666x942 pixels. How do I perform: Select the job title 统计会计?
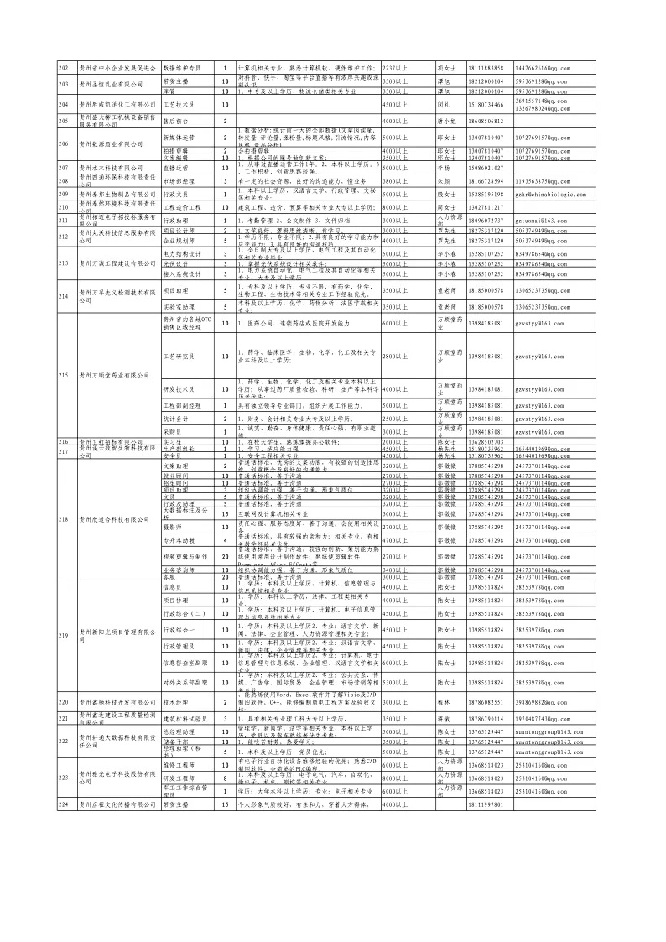(175, 418)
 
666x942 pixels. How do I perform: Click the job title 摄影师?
(172, 527)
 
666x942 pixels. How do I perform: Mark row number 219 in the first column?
(62, 636)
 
